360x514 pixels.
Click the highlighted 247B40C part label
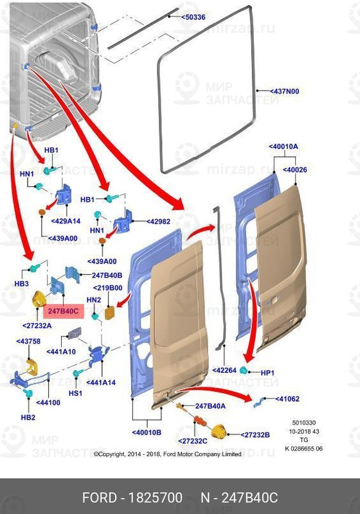pos(63,311)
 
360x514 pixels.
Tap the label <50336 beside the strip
pos(194,17)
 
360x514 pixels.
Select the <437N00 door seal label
pos(284,91)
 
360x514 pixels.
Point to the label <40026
pos(295,170)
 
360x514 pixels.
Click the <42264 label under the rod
pos(224,370)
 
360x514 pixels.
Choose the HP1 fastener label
pos(267,373)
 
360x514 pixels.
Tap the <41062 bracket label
pos(287,398)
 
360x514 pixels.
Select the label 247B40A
pos(210,406)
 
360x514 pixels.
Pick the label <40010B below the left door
pos(147,432)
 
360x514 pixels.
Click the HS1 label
pos(75,393)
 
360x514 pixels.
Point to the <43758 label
pos(28,341)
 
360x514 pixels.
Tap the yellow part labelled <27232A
pos(39,299)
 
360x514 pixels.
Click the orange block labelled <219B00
pos(109,312)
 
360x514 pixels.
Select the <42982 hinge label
pos(158,221)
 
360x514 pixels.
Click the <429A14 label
pos(66,221)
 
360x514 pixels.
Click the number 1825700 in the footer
pos(155,497)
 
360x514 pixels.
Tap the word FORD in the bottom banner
pos(99,497)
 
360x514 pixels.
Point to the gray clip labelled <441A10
pos(75,332)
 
